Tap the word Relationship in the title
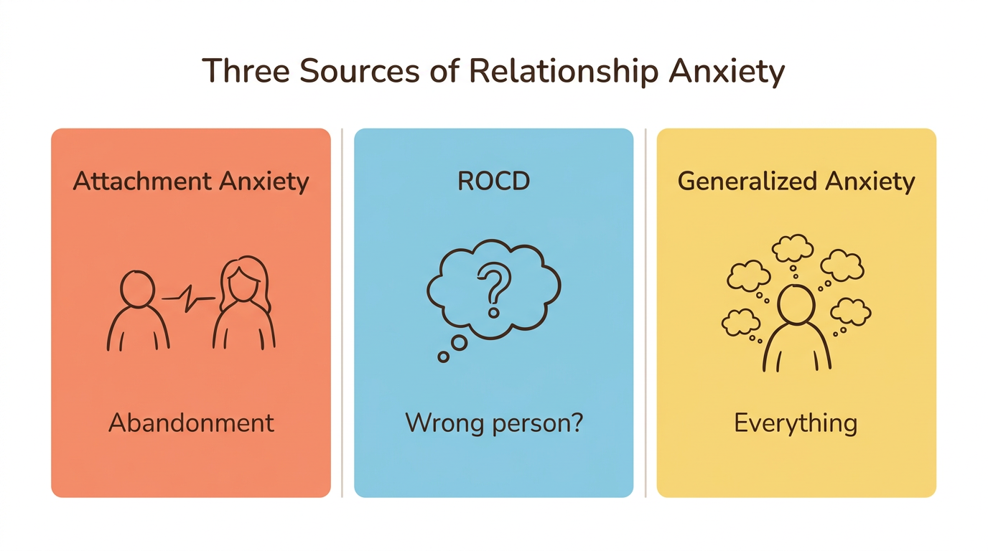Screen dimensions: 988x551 click(x=564, y=72)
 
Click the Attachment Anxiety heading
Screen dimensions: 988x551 click(x=191, y=182)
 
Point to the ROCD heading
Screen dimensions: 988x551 click(x=494, y=182)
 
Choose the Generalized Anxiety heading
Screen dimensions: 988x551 click(x=796, y=182)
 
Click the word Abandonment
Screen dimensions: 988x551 click(x=191, y=423)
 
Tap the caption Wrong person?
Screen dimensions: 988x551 click(x=494, y=423)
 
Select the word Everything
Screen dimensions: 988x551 click(x=796, y=423)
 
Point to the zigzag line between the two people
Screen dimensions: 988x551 click(x=189, y=297)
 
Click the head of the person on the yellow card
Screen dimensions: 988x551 click(x=796, y=304)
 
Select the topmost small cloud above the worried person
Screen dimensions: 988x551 click(x=793, y=249)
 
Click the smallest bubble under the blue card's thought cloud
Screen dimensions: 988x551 click(x=444, y=356)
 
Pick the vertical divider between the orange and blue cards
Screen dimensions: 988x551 click(x=342, y=313)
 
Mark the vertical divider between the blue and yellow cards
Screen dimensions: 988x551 click(x=646, y=313)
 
